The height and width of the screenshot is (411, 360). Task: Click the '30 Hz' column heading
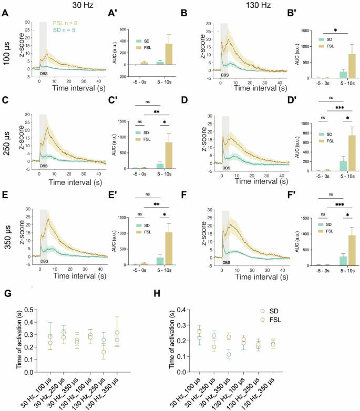(x=80, y=5)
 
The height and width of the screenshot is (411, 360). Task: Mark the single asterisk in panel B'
(x=335, y=30)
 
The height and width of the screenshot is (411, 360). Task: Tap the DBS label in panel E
(x=44, y=261)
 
